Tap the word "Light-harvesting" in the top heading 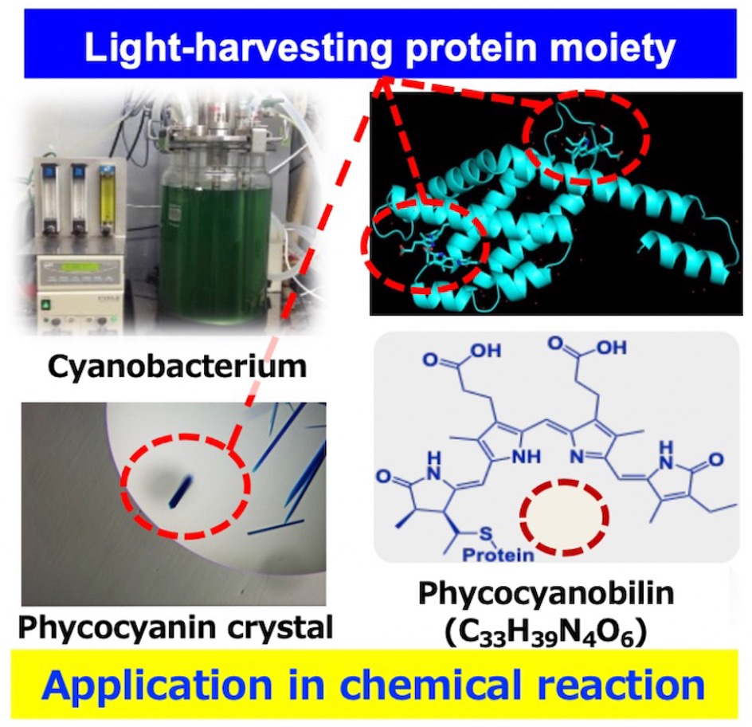pos(235,50)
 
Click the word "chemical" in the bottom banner pos(431,686)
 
